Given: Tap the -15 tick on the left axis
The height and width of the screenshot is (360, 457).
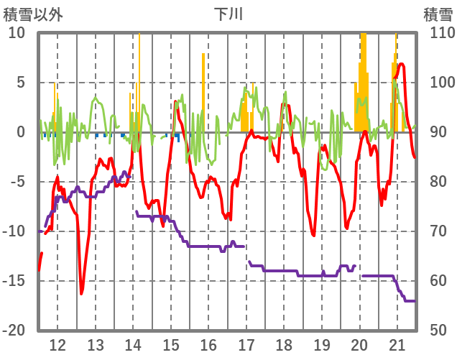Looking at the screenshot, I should point(15,281).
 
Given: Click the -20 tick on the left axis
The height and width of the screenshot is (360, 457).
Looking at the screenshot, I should point(15,331).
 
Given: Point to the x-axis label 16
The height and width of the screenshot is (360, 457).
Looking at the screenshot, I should point(208,343).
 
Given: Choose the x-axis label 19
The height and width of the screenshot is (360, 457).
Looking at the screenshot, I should point(322,343).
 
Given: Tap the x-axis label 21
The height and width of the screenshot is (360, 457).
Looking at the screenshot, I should point(397,343).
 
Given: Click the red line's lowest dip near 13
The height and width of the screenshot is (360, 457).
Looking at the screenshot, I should point(81,293).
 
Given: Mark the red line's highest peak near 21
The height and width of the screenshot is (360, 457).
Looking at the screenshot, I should point(401,64).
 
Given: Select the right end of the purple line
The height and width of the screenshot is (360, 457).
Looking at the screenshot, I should point(415,300).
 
